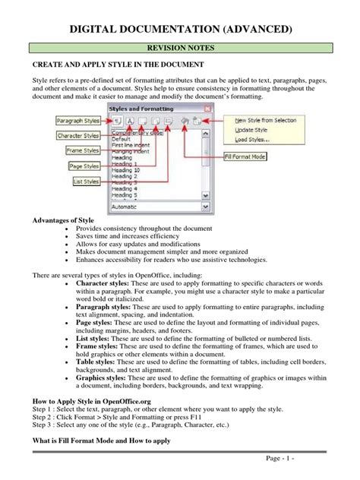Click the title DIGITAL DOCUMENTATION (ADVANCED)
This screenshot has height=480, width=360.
pyautogui.click(x=179, y=29)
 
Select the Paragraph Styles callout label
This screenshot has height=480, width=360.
pyautogui.click(x=80, y=121)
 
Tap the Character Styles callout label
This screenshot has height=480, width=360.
pyautogui.click(x=80, y=135)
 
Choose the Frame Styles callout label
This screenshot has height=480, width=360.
pyautogui.click(x=80, y=150)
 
